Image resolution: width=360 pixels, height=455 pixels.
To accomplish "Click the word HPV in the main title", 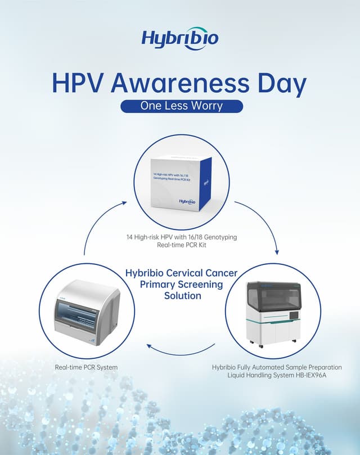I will click(78, 83).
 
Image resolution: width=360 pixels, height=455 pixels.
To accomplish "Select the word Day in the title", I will click(281, 83).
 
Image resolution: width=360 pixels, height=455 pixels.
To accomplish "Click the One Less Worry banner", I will click(181, 106).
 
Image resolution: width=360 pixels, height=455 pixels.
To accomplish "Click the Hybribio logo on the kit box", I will click(187, 201).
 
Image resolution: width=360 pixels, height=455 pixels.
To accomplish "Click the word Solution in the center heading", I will click(182, 295).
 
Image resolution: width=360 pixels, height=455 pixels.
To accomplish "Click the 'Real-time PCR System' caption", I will click(86, 367).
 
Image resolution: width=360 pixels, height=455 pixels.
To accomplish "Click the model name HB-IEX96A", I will click(312, 375).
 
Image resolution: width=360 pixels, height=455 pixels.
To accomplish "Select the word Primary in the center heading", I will click(160, 284).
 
